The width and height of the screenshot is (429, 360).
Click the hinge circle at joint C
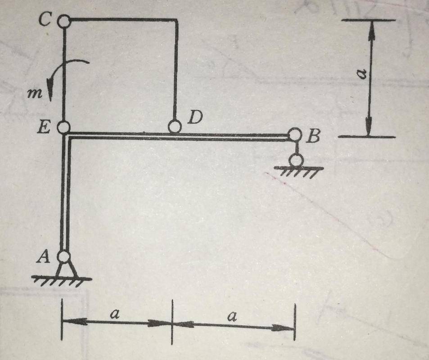tap(64, 21)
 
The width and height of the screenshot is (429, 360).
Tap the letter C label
tap(44, 20)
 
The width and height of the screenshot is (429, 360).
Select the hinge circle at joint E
tap(64, 127)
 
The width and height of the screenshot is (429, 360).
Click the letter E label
tap(44, 127)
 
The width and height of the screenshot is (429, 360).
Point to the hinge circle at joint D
tap(175, 126)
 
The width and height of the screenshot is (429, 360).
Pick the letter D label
tap(195, 117)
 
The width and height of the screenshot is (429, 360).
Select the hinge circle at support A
tap(64, 256)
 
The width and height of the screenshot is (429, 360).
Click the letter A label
tap(43, 257)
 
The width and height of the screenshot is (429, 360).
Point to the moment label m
tap(35, 94)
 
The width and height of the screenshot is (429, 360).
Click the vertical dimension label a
tap(362, 74)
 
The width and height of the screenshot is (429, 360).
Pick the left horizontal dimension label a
tap(115, 314)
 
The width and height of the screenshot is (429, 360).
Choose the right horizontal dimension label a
tap(232, 316)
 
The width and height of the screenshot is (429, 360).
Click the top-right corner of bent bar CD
tap(177, 20)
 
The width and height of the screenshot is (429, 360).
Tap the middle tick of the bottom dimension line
tap(172, 322)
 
